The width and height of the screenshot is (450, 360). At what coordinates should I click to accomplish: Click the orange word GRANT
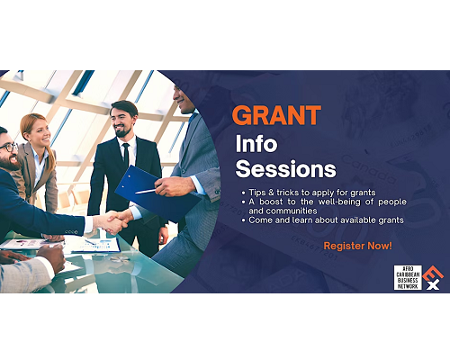276,115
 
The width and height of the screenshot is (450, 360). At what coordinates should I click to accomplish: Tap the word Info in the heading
256,143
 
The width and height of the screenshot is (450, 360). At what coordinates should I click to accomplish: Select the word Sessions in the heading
286,168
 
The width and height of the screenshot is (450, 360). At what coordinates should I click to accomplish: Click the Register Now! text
357,246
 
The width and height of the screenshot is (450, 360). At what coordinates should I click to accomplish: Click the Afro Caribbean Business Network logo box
408,277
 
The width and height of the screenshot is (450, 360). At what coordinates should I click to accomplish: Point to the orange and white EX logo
433,278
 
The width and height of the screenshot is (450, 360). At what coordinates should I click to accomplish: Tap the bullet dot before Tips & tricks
243,193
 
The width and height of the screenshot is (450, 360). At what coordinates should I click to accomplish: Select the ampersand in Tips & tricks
272,193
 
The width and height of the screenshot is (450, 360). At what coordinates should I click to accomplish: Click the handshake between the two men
114,221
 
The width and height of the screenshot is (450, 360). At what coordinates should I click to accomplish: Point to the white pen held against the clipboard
146,191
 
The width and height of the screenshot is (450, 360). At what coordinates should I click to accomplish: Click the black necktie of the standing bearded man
126,155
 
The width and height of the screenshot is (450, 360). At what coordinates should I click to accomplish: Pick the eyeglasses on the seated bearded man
8,148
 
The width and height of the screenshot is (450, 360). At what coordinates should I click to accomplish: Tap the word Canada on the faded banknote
368,170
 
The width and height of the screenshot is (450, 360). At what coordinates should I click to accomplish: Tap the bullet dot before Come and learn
243,220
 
